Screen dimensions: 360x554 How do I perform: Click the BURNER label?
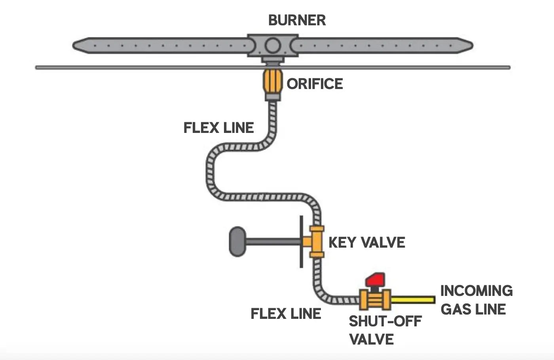tap(297, 20)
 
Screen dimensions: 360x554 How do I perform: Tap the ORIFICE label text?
tap(315, 84)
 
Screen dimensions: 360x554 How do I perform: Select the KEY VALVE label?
tap(367, 243)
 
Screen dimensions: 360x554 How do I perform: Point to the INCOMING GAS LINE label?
tap(476, 300)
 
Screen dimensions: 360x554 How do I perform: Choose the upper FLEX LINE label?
tap(219, 128)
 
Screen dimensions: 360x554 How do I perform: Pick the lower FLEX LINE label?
tap(286, 314)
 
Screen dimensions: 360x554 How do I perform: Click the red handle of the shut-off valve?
tap(375, 280)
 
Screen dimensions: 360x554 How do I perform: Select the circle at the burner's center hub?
tap(273, 45)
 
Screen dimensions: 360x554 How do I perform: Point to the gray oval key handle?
tap(237, 241)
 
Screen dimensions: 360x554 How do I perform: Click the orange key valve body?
tap(317, 241)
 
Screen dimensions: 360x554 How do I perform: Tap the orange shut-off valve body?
tap(375, 299)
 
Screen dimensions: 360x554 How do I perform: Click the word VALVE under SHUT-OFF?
tap(372, 339)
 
